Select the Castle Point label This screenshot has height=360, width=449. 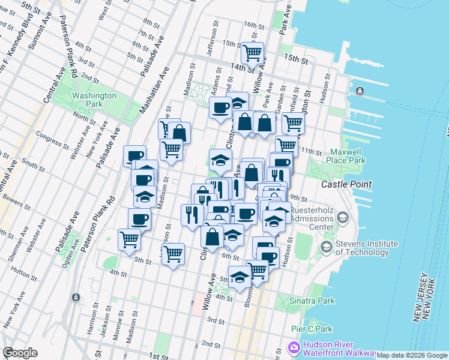(x=346, y=185)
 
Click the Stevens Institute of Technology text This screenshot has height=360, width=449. (x=366, y=248)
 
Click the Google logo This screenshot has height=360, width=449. (x=20, y=353)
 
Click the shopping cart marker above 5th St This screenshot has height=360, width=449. (x=173, y=253)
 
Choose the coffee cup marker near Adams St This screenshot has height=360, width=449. (x=220, y=108)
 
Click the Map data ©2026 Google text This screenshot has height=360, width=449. (x=412, y=355)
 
